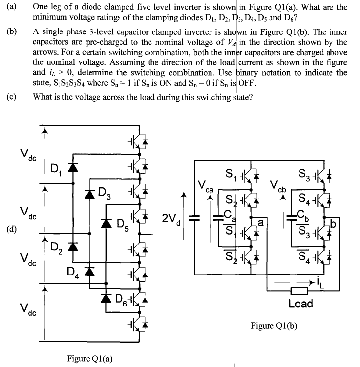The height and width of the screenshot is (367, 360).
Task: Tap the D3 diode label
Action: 104,192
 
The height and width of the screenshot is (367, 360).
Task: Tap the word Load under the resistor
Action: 300,304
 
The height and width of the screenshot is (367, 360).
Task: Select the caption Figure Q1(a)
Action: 90,358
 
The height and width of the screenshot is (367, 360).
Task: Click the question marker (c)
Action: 12,96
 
